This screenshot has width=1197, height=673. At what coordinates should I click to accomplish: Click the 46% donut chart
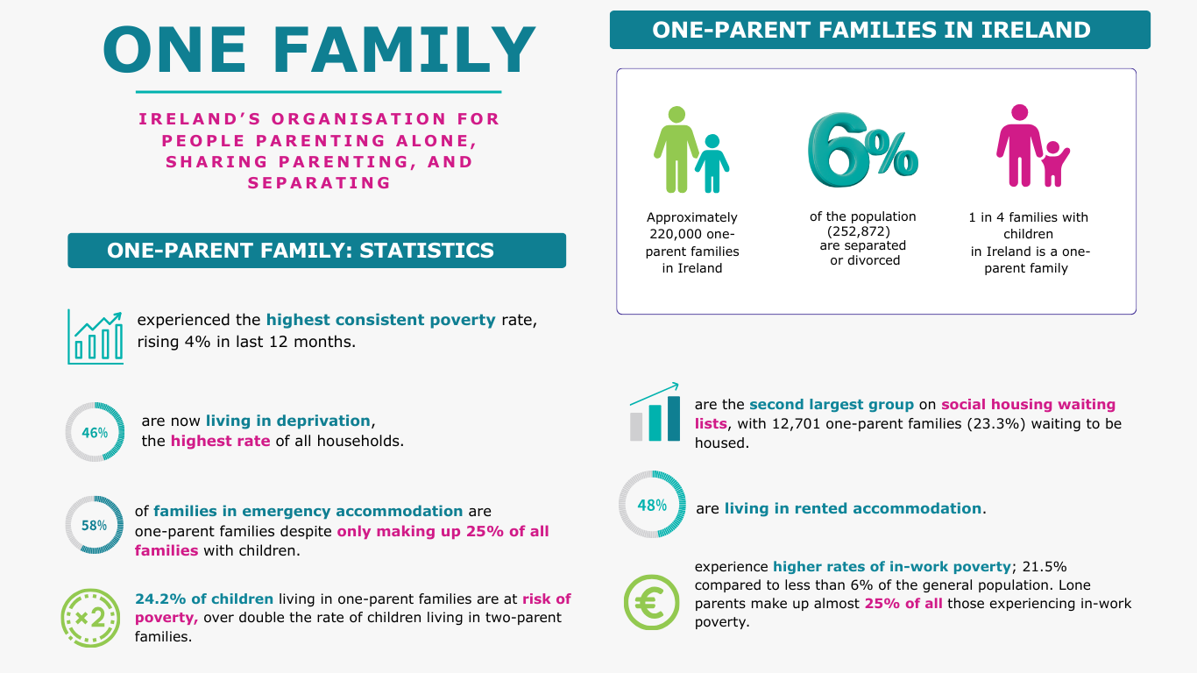click(95, 432)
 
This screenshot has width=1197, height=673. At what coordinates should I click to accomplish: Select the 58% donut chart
click(95, 525)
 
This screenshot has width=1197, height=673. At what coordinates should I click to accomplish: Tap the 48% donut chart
click(652, 505)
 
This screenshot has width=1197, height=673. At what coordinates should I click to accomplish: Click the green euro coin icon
click(651, 603)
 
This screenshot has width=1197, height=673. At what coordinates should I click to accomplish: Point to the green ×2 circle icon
click(90, 618)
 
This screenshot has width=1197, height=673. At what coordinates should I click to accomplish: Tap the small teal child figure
click(712, 164)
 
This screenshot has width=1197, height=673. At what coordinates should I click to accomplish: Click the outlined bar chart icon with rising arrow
click(96, 336)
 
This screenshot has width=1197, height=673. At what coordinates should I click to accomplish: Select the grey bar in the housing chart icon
click(637, 425)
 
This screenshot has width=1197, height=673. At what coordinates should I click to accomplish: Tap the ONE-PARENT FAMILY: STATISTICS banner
click(316, 251)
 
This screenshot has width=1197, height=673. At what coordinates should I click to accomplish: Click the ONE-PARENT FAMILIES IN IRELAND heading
click(880, 30)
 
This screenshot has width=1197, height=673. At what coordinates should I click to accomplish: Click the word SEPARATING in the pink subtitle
click(319, 183)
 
